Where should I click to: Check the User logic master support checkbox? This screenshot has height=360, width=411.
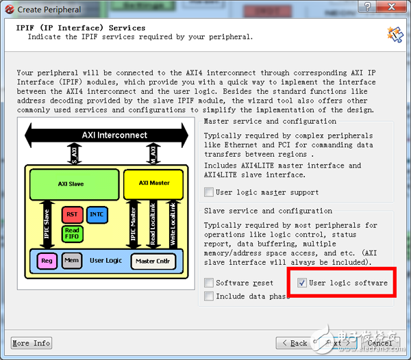[210, 192]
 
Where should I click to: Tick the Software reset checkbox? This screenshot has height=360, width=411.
[210, 283]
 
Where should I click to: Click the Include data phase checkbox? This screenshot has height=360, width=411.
[210, 296]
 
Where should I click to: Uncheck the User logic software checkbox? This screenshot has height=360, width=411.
[302, 283]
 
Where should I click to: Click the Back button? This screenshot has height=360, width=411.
[294, 343]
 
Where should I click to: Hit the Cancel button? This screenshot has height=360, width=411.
[379, 343]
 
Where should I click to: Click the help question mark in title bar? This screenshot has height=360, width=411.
[368, 9]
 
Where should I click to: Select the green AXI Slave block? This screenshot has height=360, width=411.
[71, 183]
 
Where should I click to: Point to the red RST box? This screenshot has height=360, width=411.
[72, 214]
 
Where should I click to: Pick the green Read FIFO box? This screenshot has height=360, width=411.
[72, 233]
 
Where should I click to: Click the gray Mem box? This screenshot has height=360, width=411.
[71, 261]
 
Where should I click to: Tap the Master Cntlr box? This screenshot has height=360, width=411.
[153, 261]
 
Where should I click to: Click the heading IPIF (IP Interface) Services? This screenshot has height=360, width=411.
[80, 28]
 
